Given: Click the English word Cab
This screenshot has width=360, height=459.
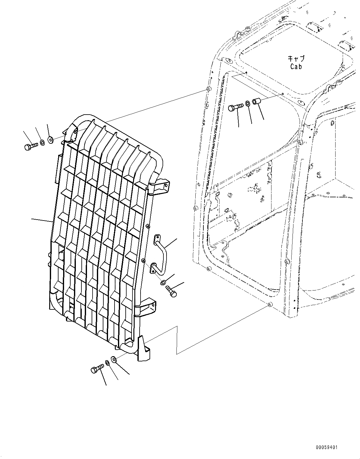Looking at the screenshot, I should (296, 66).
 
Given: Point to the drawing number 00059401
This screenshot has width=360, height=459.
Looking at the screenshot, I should (327, 448).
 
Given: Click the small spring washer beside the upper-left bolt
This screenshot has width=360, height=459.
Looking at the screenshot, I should (42, 142).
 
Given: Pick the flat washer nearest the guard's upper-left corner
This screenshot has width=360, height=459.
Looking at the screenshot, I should (51, 140).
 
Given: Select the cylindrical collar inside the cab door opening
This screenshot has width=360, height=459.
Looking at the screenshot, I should (257, 101).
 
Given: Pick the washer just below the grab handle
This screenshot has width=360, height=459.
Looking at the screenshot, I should (163, 282).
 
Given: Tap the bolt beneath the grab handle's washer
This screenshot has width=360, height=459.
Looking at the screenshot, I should (171, 291).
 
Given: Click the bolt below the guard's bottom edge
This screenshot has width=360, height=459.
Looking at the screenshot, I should (97, 369).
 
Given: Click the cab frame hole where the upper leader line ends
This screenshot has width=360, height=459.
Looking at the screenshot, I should (208, 90).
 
